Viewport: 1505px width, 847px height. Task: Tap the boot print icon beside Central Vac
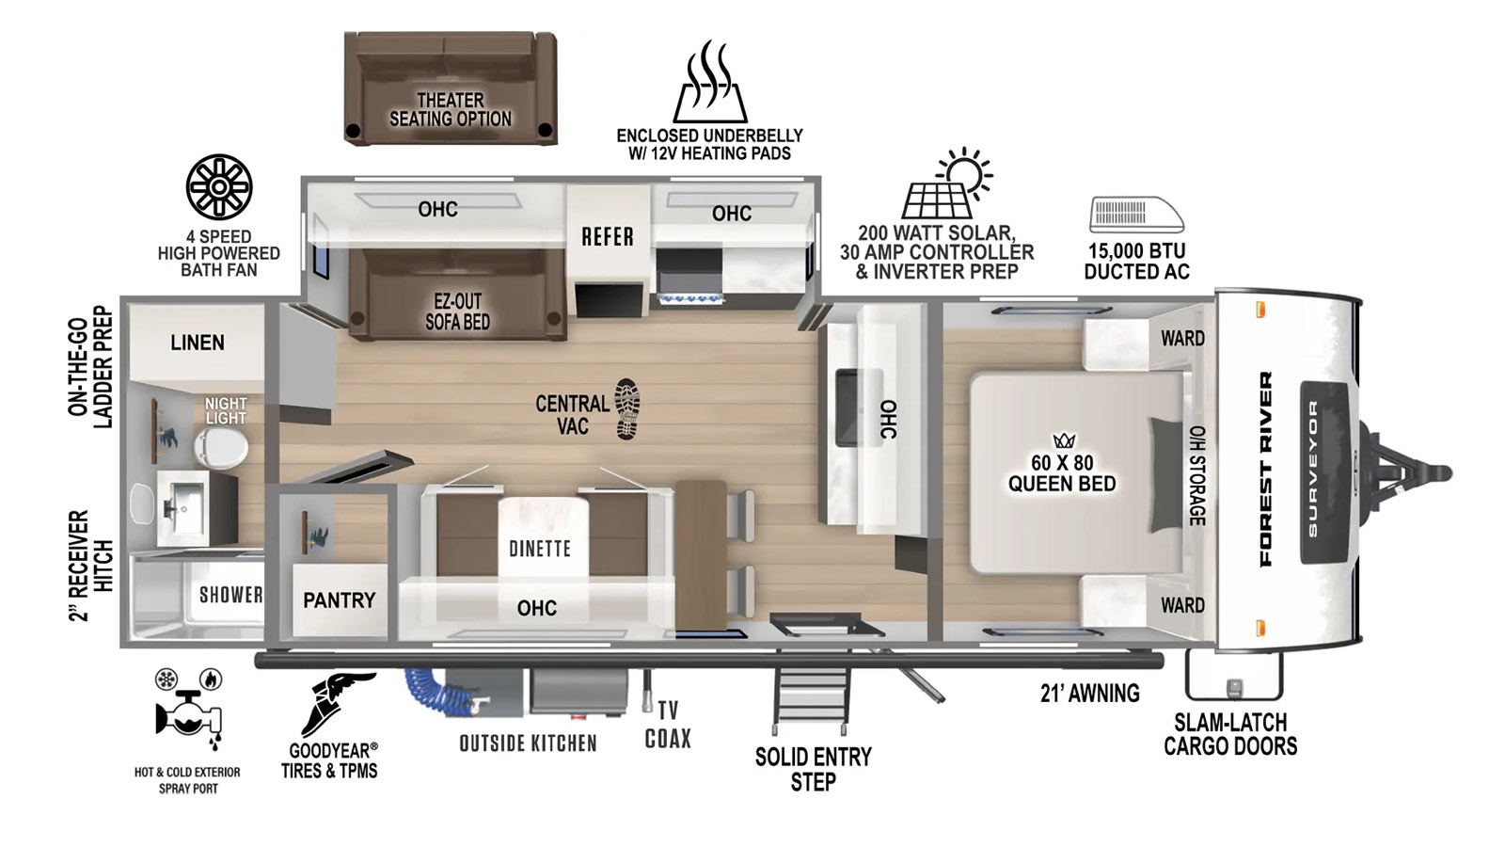627,408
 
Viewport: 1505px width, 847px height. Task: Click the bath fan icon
219,187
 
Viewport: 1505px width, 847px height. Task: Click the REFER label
608,236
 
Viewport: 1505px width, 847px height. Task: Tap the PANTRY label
340,599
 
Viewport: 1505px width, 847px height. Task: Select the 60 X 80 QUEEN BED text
1062,472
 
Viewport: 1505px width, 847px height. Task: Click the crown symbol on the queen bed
1064,441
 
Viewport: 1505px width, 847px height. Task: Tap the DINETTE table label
540,549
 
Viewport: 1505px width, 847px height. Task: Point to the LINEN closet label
198,343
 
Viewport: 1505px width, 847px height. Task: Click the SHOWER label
230,595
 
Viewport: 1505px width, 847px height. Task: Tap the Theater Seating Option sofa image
451,88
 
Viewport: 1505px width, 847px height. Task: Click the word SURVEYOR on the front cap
1313,469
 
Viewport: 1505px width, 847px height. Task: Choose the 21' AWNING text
1090,693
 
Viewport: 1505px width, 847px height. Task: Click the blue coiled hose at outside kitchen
436,689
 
